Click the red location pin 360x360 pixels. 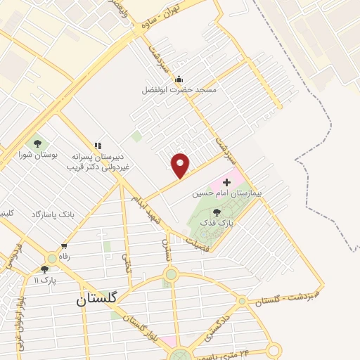coord(181,165)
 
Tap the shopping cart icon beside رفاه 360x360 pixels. coord(64,247)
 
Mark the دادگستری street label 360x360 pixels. coord(219,325)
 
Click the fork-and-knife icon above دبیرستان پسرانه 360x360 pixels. coord(97,146)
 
